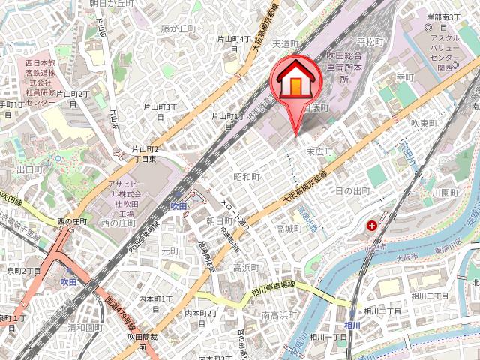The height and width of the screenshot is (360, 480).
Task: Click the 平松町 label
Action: click(370, 41)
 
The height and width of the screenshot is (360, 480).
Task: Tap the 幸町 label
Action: click(405, 77)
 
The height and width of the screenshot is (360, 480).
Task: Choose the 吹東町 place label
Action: click(424, 122)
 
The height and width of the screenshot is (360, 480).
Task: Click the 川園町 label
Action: click(445, 193)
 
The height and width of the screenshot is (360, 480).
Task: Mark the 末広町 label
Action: click(319, 151)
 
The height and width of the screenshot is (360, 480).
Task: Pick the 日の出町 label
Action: click(352, 192)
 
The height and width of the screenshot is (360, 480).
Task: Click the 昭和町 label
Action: click(246, 178)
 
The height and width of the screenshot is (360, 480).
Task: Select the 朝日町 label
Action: click(219, 220)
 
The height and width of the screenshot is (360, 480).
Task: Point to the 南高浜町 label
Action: click(280, 316)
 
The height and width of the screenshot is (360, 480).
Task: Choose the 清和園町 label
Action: click(84, 328)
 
